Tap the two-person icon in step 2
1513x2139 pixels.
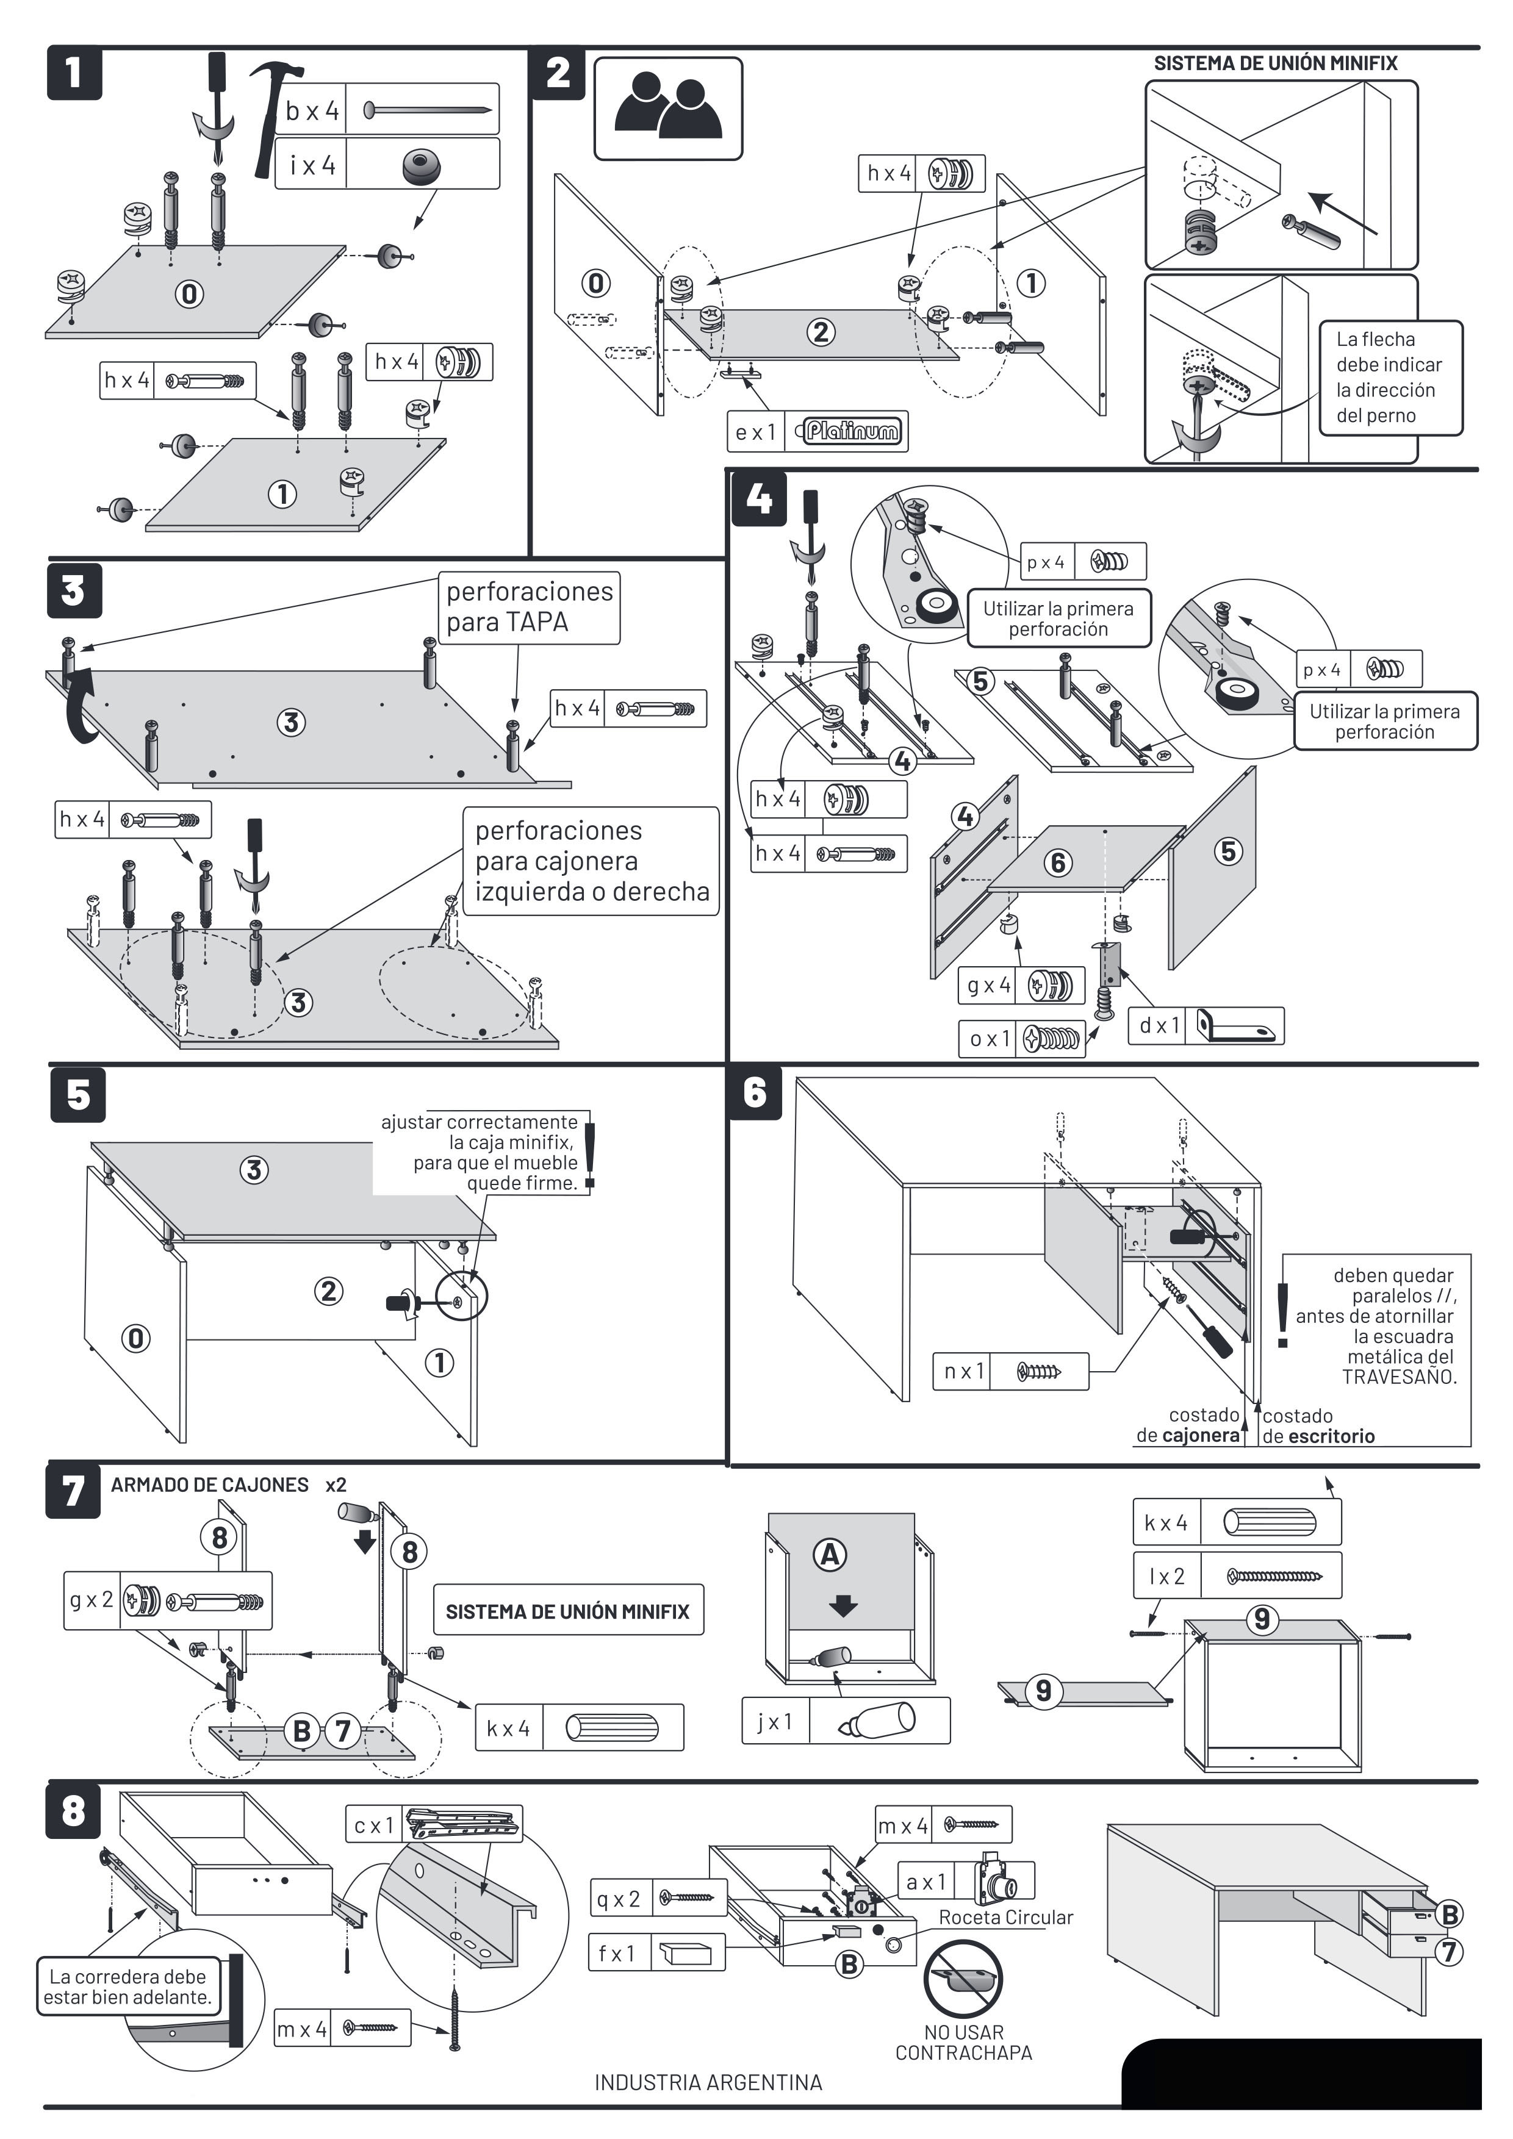pyautogui.click(x=668, y=108)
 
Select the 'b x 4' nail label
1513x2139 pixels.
pyautogui.click(x=312, y=111)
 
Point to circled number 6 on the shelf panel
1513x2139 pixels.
pyautogui.click(x=1057, y=862)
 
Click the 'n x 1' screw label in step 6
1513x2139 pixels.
pyautogui.click(x=961, y=1371)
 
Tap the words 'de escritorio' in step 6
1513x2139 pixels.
pyautogui.click(x=1318, y=1436)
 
